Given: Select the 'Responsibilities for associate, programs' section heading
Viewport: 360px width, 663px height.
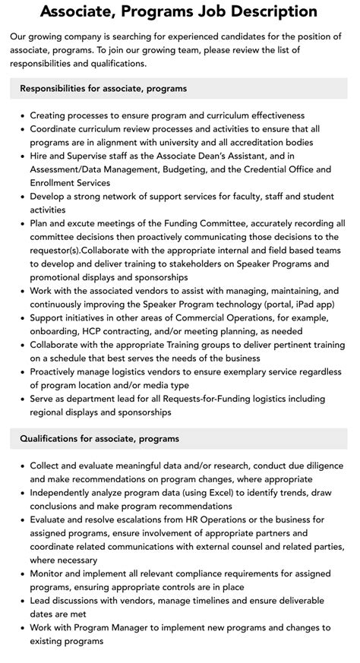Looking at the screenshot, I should [x=103, y=89].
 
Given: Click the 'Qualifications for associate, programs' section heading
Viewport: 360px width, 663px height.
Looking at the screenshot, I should [x=99, y=438].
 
